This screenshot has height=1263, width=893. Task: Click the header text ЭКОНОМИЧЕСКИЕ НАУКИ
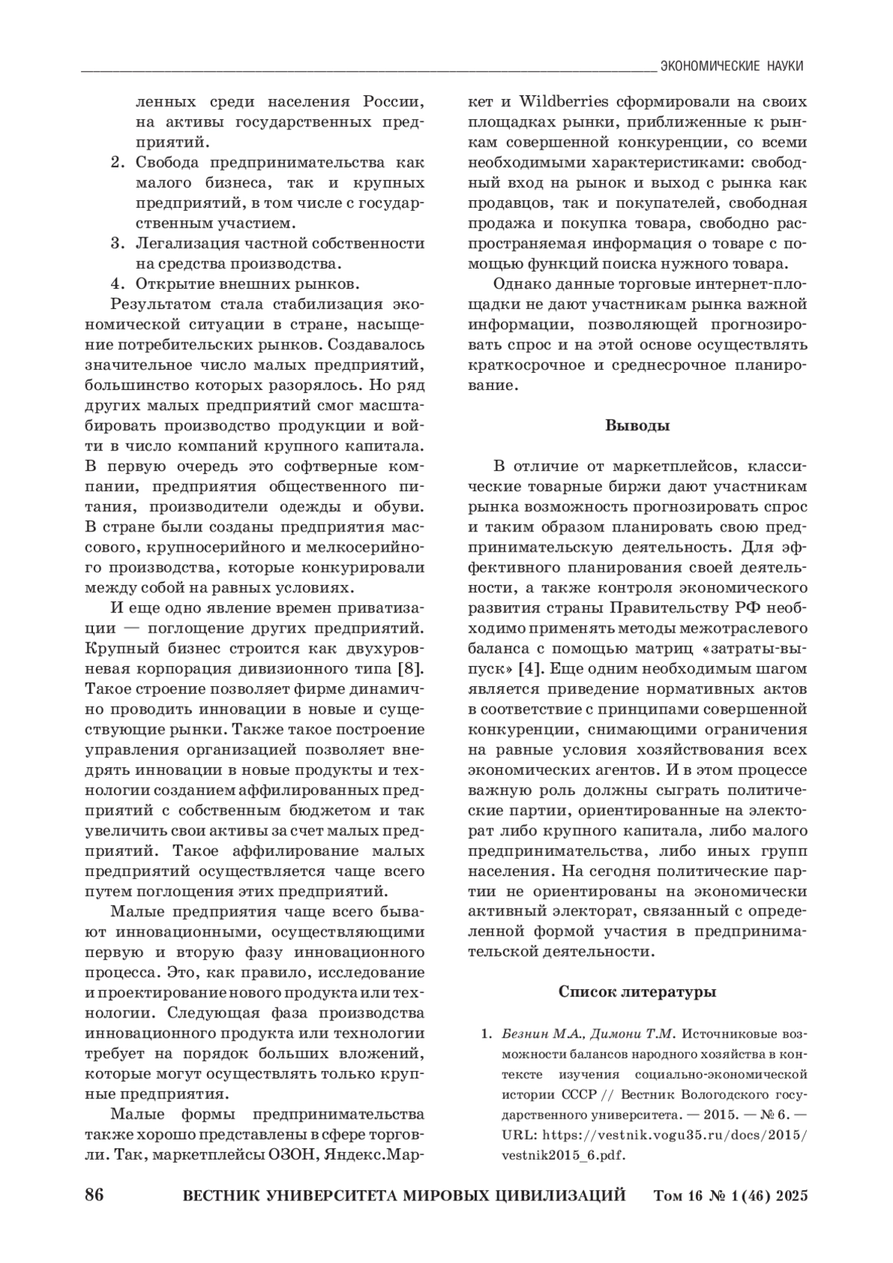coord(732,66)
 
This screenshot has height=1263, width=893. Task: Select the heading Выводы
coord(637,426)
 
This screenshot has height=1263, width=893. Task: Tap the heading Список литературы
coord(637,992)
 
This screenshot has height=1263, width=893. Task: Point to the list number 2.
coord(117,162)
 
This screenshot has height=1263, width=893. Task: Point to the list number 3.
coord(117,243)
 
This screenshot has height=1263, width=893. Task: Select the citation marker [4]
coord(529,668)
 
